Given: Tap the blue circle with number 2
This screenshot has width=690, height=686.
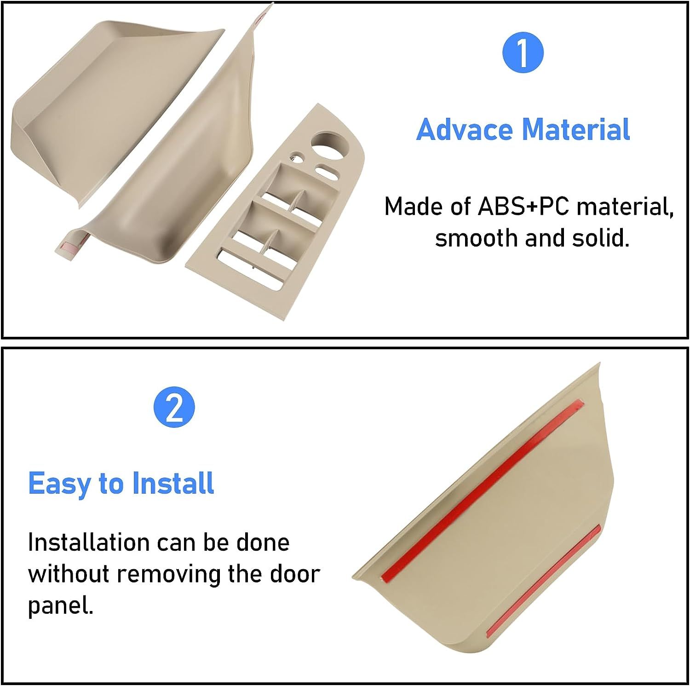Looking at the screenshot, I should click(x=174, y=407).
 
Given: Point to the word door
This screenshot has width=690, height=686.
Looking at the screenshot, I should click(x=294, y=574).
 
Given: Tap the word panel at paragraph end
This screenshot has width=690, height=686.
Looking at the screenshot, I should click(x=60, y=605).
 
